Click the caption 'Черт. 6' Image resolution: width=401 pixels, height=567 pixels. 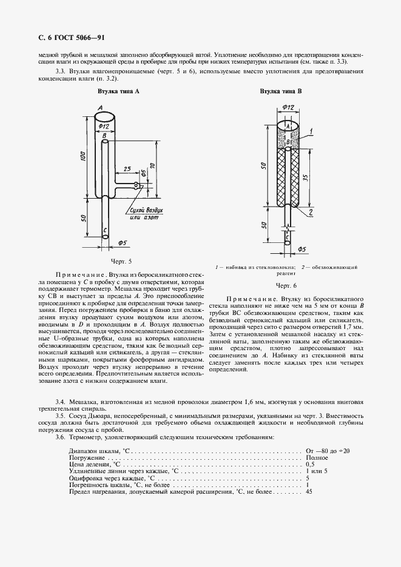(286, 285)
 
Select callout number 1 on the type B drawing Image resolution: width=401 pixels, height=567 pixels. (310, 130)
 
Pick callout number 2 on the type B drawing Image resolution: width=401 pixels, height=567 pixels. (310, 212)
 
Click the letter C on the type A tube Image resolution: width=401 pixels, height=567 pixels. (106, 230)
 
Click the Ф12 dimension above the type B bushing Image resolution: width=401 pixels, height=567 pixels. (288, 107)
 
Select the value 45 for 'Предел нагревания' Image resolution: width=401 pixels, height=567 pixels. (309, 492)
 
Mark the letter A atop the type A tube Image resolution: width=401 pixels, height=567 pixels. (98, 108)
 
